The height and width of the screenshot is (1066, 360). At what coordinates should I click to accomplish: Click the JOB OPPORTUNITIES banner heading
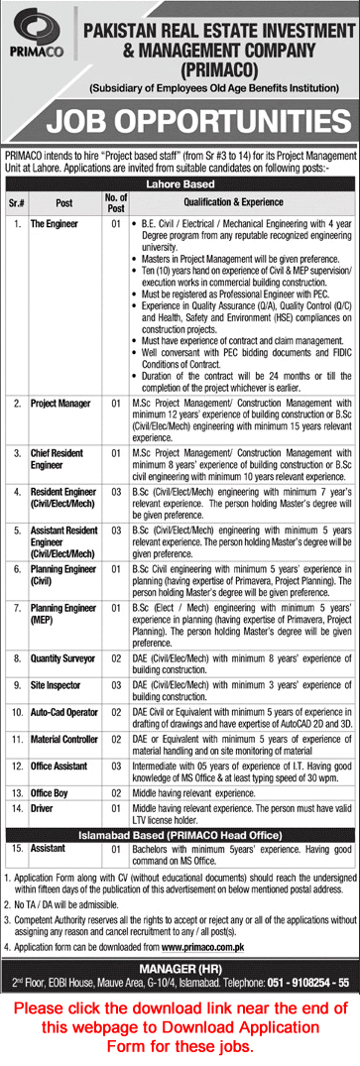click(180, 123)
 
